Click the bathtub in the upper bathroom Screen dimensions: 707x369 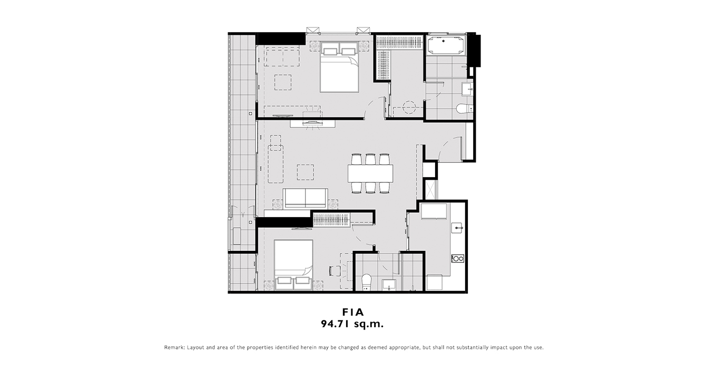(445, 45)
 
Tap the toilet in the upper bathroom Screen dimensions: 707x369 (464, 109)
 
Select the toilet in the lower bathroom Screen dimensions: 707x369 (366, 282)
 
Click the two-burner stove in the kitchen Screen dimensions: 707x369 (458, 258)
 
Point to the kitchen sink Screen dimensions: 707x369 (458, 228)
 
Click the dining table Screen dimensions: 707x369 (370, 173)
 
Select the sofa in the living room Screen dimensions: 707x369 (305, 198)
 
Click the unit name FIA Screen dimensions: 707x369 (353, 312)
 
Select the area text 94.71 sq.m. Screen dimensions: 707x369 (352, 324)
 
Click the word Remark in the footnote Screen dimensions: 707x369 (174, 347)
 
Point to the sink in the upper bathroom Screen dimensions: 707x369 (467, 89)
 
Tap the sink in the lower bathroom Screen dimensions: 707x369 (389, 285)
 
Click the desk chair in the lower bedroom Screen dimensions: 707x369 (334, 271)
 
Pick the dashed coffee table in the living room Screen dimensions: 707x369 (305, 172)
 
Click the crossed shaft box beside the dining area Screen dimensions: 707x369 (430, 189)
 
